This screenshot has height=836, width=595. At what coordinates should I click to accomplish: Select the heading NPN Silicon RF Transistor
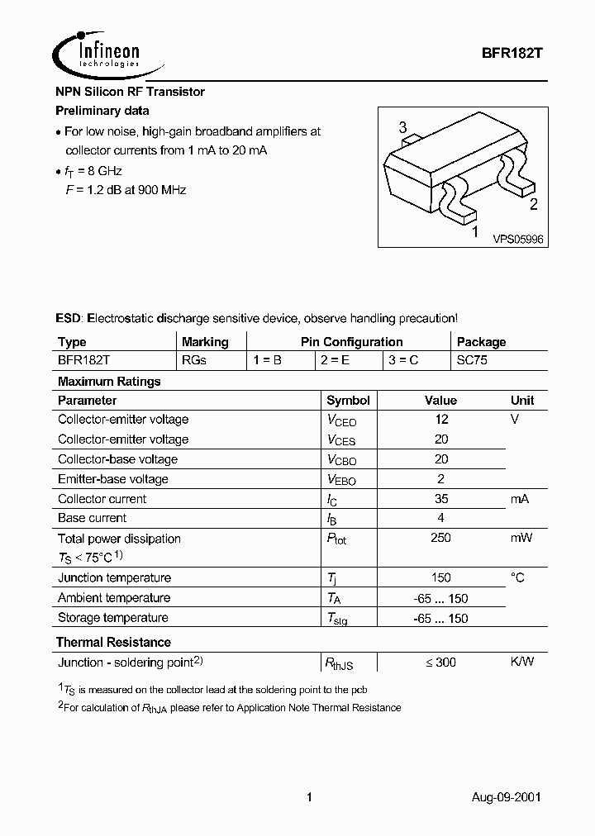pos(130,92)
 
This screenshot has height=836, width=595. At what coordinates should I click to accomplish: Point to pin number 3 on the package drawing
pos(402,127)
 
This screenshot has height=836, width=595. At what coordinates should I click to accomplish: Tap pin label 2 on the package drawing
pos(533,205)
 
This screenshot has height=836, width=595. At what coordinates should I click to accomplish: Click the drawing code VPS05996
pos(518,239)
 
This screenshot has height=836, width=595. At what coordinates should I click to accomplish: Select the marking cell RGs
pos(194,361)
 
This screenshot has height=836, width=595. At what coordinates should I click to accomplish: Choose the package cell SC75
pos(473,361)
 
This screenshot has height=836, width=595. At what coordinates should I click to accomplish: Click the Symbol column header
pos(348,400)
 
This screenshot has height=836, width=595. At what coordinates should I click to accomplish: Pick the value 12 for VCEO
pos(441,420)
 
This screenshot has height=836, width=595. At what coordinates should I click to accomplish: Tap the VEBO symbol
pos(341,480)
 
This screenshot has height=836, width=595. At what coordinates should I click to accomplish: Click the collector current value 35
pos(441,499)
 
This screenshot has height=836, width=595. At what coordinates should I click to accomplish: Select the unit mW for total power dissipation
pos(521,538)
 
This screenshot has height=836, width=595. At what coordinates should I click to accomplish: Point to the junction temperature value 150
pos(441,577)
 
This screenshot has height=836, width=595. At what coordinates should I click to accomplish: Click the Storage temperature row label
pos(112,618)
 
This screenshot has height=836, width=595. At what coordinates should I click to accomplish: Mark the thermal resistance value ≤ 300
pos(441,662)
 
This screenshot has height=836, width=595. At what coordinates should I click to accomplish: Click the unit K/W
pos(522,662)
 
